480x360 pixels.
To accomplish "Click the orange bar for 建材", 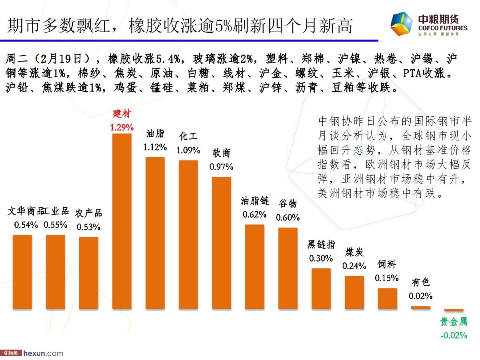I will click(122, 221).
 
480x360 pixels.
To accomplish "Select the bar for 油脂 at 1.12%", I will click(155, 233).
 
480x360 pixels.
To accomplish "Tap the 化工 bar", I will click(188, 235).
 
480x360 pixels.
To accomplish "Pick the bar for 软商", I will click(221, 243).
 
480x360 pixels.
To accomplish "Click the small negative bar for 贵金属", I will click(454, 310).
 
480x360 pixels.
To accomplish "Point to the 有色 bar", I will click(421, 308).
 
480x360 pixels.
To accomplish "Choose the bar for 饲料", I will click(388, 298).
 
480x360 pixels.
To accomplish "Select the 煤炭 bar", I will click(354, 292).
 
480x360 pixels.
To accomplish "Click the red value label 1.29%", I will click(122, 128).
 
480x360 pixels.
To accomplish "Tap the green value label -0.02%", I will click(454, 335).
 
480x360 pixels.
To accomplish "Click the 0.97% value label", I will click(221, 167).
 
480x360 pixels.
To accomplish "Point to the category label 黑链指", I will click(321, 244).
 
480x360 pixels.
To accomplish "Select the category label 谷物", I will click(288, 204).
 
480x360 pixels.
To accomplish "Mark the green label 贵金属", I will click(454, 322).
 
